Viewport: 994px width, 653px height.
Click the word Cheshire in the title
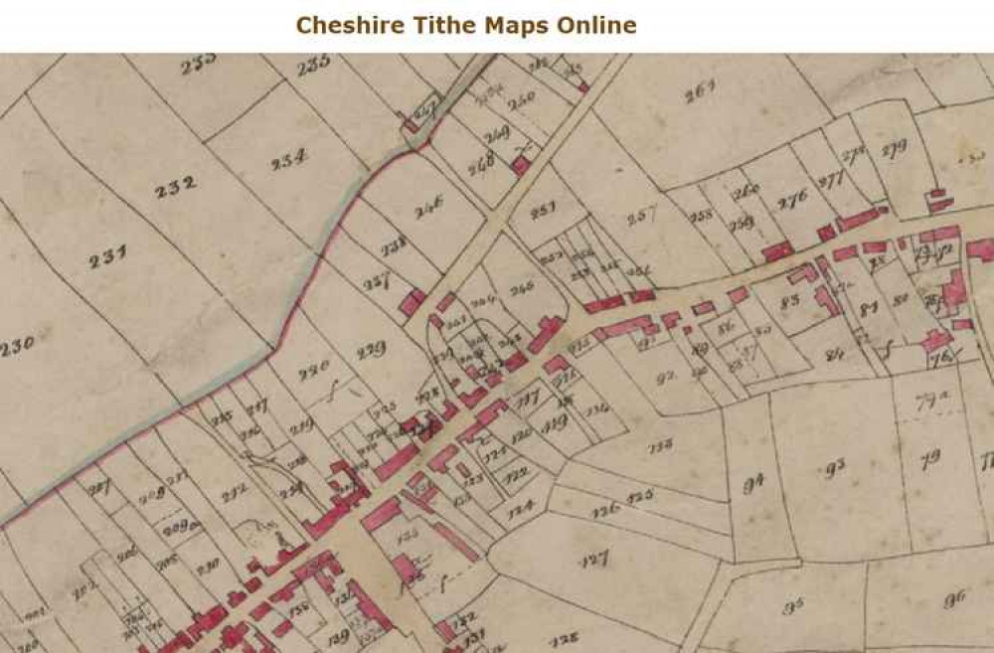point(346,25)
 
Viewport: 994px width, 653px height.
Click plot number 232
point(176,185)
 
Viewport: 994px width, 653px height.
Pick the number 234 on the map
point(288,158)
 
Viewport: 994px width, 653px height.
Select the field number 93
point(834,466)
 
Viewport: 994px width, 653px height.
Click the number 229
point(371,349)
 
